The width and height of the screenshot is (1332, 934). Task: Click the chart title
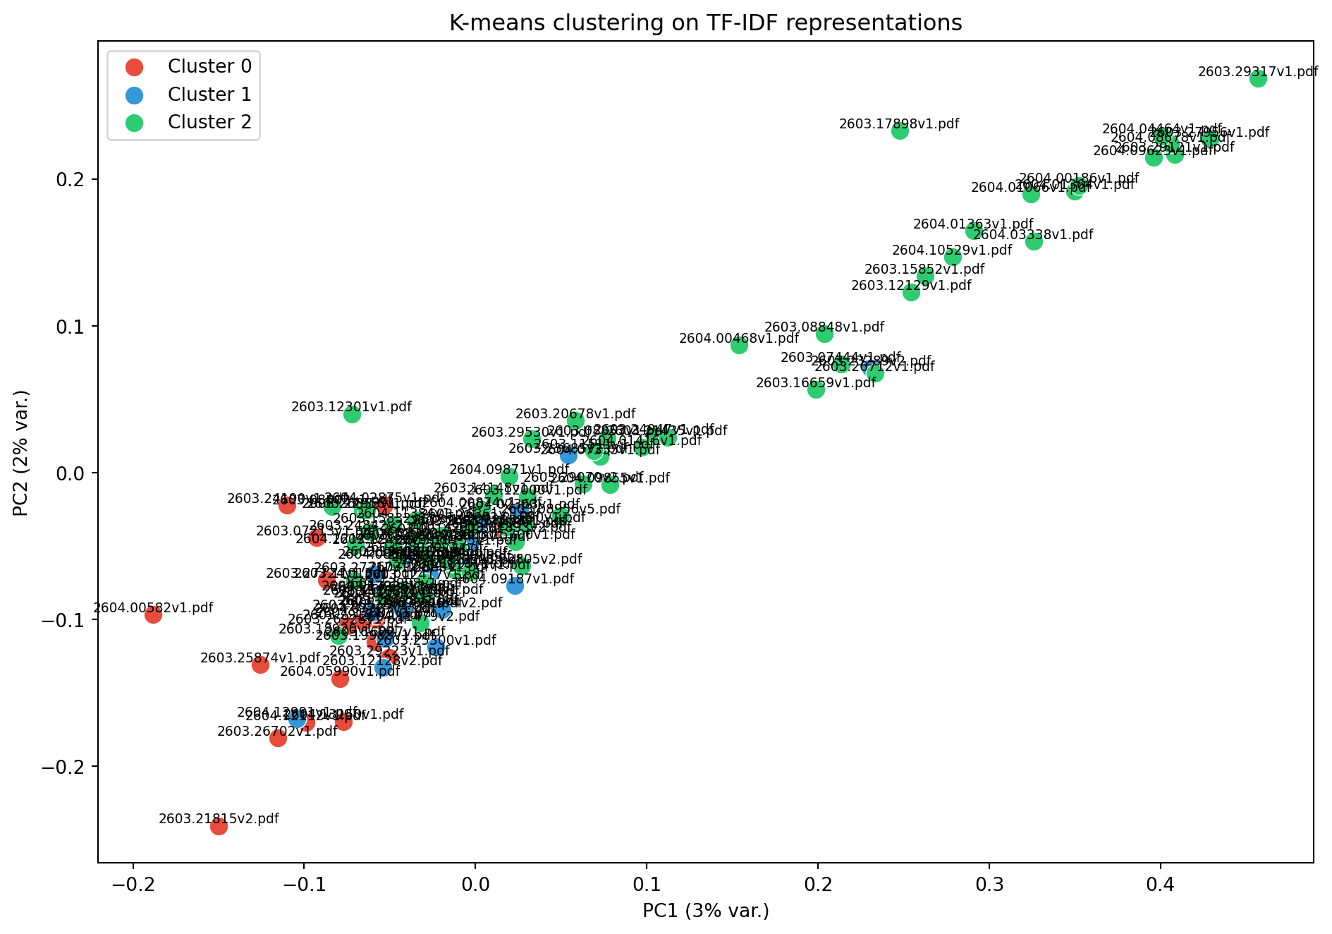(705, 23)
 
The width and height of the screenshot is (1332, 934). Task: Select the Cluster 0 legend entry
(209, 66)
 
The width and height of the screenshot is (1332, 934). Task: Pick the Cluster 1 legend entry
(209, 95)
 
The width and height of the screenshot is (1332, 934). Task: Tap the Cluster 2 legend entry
(209, 122)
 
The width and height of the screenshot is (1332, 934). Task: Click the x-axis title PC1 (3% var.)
(705, 911)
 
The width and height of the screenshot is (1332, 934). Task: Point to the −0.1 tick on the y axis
(67, 620)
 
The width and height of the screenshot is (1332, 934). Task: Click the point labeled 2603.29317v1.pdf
(1258, 79)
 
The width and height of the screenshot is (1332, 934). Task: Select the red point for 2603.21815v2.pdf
(219, 826)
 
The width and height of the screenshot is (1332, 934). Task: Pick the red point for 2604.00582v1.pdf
(153, 614)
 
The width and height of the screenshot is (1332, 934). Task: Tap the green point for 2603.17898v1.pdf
(900, 131)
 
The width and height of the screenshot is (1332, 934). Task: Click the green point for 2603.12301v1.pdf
(352, 414)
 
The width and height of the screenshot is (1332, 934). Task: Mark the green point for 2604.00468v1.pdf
(739, 345)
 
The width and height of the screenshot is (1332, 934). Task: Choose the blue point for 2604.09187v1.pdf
(515, 586)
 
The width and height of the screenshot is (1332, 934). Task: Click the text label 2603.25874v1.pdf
(260, 658)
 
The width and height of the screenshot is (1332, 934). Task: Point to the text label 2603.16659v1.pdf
(815, 383)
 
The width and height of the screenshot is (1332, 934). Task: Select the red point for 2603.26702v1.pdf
(278, 738)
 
